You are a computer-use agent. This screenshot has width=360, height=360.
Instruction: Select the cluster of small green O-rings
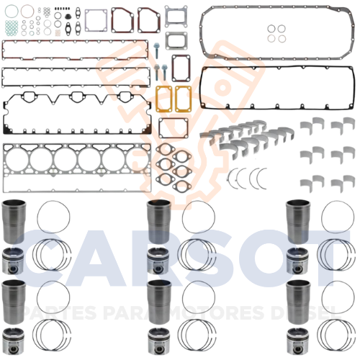click(x=12, y=27)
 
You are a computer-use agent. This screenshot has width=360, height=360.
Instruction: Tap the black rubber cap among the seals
click(x=68, y=17)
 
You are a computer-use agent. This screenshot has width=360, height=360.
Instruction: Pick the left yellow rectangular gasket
click(x=164, y=99)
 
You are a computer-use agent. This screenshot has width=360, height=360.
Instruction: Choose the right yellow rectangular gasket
click(x=183, y=99)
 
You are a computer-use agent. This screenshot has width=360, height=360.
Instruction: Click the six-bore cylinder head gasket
click(x=77, y=168)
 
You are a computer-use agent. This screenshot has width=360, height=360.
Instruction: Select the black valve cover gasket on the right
click(x=202, y=88)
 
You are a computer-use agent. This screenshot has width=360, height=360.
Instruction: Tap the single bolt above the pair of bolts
click(x=156, y=50)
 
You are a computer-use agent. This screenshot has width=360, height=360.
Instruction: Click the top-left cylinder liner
click(x=14, y=222)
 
